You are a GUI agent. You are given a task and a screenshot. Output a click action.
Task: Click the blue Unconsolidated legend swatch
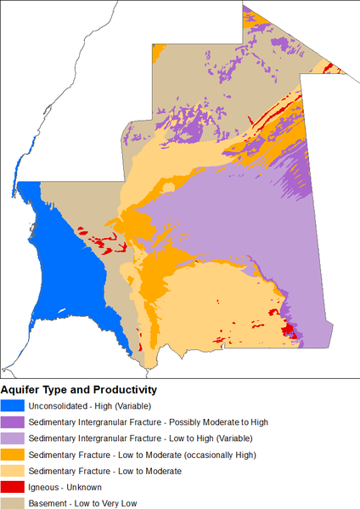click(x=13, y=405)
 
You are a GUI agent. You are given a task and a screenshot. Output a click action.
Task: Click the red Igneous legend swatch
click(x=13, y=487)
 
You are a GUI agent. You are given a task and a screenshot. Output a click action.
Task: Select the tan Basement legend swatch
click(x=13, y=503)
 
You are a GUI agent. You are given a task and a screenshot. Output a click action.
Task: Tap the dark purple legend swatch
click(x=13, y=421)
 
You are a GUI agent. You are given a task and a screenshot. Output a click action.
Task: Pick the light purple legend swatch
click(x=13, y=438)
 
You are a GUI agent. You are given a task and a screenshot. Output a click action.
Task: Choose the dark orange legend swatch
click(x=13, y=454)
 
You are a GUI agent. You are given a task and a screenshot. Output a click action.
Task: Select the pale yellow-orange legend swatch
click(x=13, y=470)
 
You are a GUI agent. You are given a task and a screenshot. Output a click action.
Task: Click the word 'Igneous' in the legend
click(x=46, y=487)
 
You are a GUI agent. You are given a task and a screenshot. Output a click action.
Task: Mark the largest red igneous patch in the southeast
click(x=289, y=329)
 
